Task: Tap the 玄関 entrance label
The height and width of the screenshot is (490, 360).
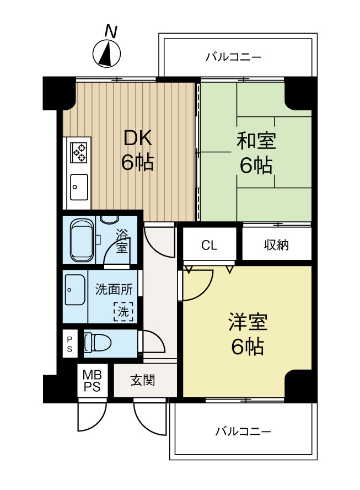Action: tap(142, 380)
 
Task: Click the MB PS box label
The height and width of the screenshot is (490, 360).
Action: tap(92, 381)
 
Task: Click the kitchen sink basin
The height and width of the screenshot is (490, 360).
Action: tap(78, 184)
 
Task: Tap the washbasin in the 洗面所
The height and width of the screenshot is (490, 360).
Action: tap(73, 289)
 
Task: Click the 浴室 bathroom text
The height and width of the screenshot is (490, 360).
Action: tap(122, 241)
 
